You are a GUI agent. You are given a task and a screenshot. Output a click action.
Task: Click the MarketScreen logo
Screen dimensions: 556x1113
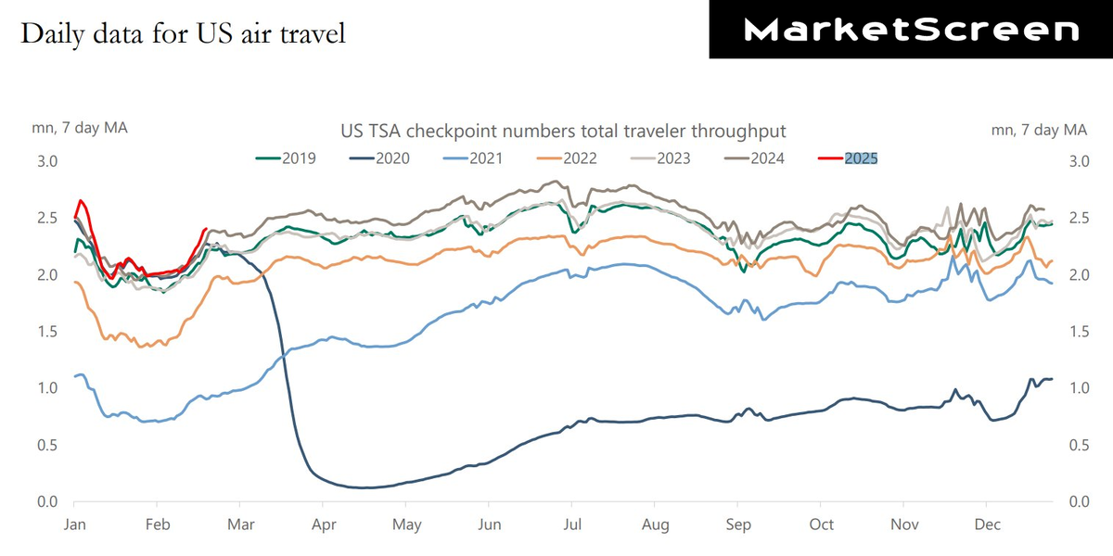(x=912, y=30)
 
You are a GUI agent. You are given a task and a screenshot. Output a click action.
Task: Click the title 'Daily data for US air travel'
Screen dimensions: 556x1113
(x=183, y=33)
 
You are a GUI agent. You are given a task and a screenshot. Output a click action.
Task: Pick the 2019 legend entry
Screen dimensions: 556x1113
(x=287, y=158)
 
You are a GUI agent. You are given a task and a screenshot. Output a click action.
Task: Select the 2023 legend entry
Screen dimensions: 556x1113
(x=662, y=158)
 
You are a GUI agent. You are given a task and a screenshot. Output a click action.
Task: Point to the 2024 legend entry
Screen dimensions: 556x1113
(x=756, y=158)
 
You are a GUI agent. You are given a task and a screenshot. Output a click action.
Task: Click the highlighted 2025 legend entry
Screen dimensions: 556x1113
(x=860, y=158)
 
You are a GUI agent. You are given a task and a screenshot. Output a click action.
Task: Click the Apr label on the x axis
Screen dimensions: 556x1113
(x=324, y=525)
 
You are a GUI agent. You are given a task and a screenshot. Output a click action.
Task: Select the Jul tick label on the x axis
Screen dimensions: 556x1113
(x=572, y=525)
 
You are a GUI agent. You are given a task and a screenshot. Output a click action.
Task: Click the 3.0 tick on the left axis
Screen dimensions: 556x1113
(x=46, y=161)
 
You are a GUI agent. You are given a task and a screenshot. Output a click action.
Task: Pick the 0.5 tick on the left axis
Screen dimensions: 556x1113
(x=46, y=446)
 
